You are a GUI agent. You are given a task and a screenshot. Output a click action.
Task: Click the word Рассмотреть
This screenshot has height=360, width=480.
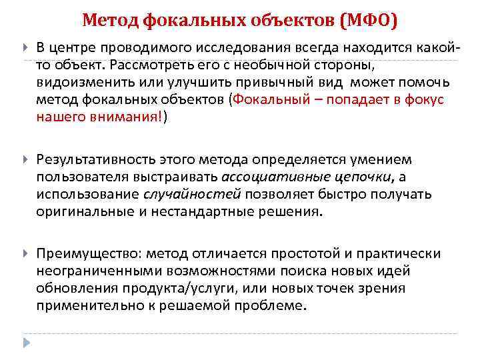pos(154,65)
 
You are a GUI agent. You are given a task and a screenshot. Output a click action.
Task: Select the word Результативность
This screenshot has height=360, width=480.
pos(97,160)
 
